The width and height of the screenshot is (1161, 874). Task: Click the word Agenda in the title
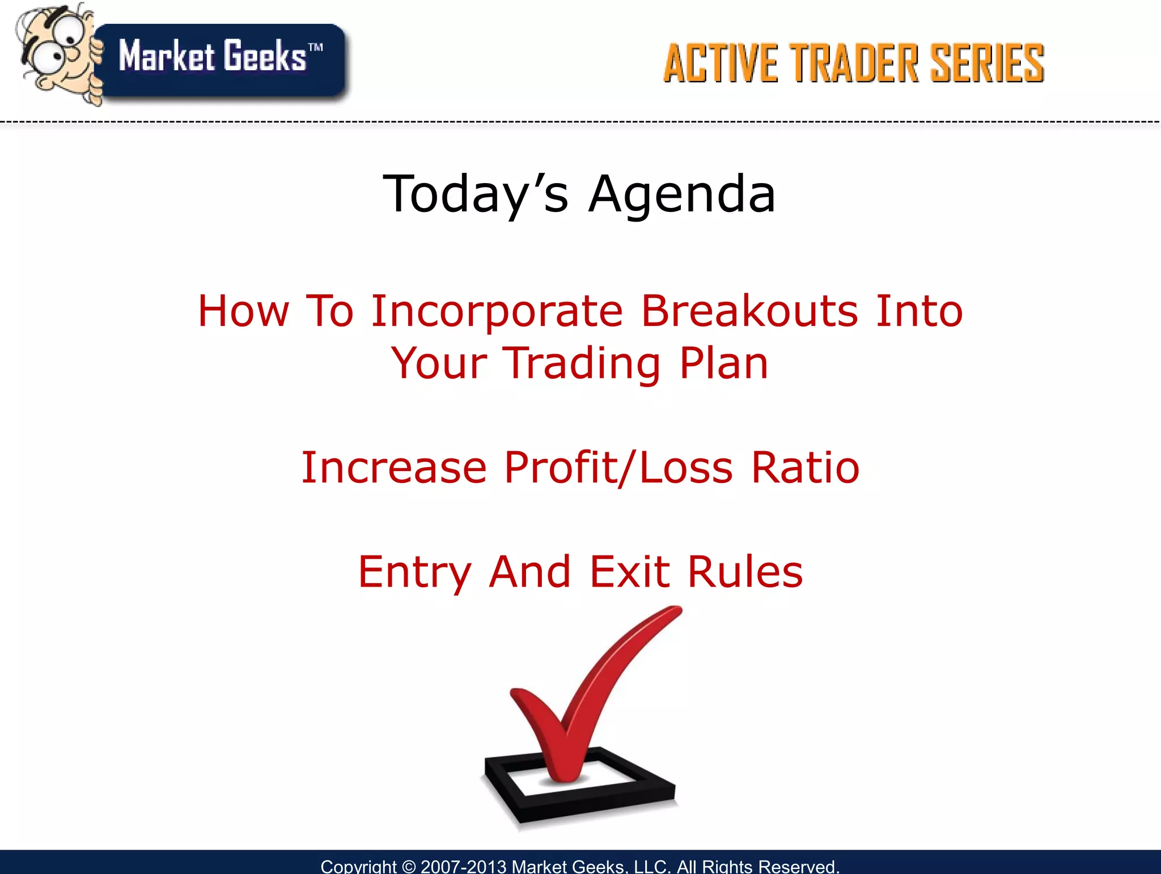(x=681, y=194)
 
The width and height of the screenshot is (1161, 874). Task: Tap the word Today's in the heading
(x=475, y=194)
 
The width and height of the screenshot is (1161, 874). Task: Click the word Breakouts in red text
(x=749, y=311)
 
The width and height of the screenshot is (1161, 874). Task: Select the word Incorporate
(x=497, y=311)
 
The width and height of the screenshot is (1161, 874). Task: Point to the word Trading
(x=582, y=363)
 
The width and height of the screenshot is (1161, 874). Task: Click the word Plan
(x=724, y=363)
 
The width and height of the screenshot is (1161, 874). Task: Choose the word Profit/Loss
(x=618, y=468)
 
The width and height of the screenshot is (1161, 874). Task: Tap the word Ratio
(x=805, y=468)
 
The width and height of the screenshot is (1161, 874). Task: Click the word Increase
(x=393, y=468)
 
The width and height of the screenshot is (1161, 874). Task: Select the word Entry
(x=414, y=572)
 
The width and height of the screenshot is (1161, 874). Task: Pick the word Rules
(x=745, y=572)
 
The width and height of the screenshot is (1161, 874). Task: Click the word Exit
(x=630, y=572)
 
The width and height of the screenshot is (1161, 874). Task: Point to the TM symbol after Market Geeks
(x=316, y=48)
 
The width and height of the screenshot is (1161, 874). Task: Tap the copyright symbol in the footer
(x=408, y=867)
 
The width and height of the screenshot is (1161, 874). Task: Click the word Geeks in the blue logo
(x=264, y=57)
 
